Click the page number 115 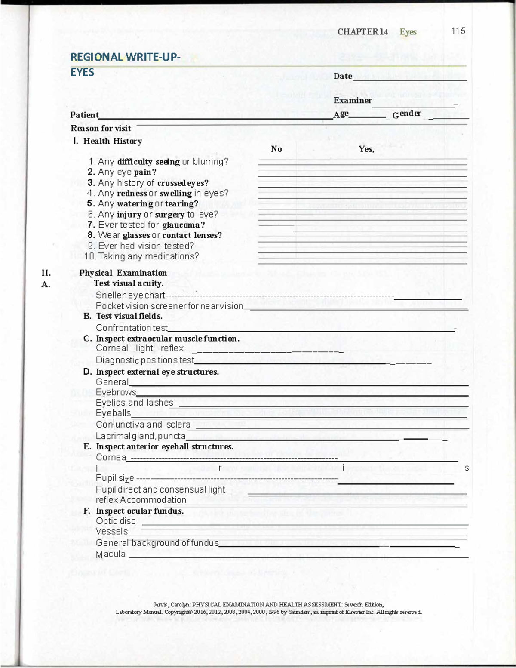(458, 31)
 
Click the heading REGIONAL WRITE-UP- (125, 57)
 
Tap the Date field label (343, 76)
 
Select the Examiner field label (353, 100)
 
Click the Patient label (84, 115)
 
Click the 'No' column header (276, 149)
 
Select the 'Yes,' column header (366, 149)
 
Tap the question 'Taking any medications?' (148, 256)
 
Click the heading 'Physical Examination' (123, 273)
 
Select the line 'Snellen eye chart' (130, 295)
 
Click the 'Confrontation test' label (132, 328)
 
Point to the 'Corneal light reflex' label (140, 348)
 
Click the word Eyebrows (116, 392)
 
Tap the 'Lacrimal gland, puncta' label (141, 436)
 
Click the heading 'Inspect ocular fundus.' (139, 511)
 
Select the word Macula (111, 554)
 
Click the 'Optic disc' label (116, 521)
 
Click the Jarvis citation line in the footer (268, 604)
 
